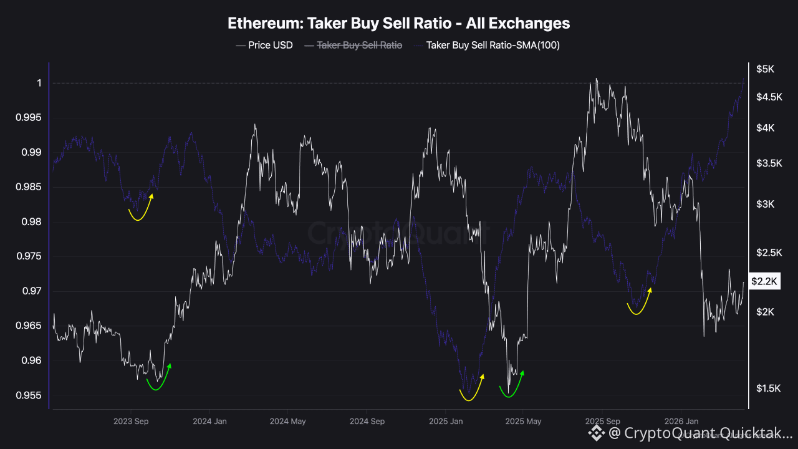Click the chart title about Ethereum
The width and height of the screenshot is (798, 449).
click(398, 24)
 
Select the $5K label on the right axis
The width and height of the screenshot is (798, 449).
click(765, 69)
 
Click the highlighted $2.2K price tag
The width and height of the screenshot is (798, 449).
click(764, 282)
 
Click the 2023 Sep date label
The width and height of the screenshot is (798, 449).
click(131, 422)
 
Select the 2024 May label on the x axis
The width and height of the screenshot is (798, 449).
click(288, 422)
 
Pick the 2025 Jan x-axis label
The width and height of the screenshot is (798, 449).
click(446, 422)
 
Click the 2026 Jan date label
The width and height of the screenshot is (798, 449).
click(681, 422)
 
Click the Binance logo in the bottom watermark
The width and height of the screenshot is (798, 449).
click(597, 432)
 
